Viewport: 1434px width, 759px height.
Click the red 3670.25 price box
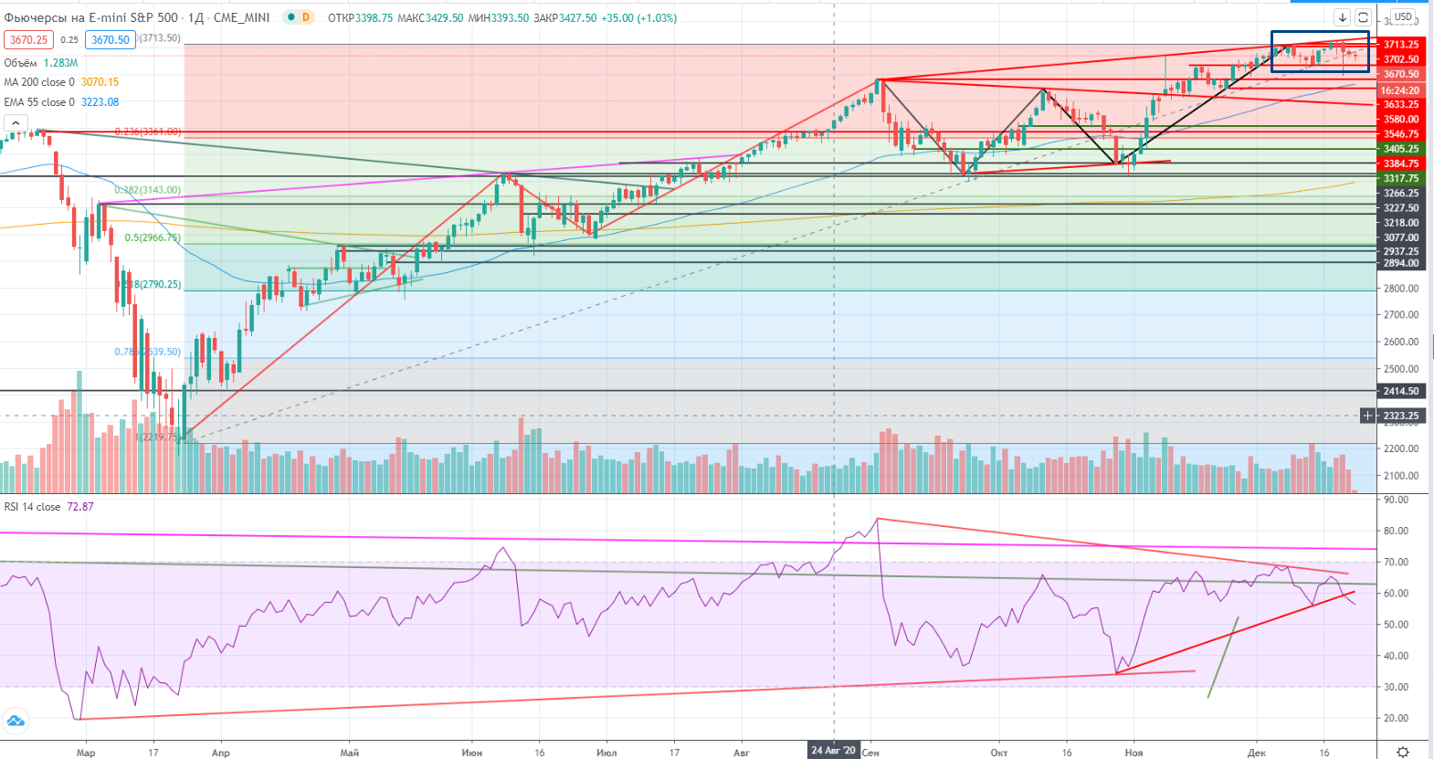(28, 40)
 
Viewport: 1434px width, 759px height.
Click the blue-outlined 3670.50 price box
(111, 40)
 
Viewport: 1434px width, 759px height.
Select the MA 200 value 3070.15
(100, 82)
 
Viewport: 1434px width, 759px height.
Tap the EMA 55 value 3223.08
(100, 102)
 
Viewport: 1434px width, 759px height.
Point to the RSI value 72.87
(80, 507)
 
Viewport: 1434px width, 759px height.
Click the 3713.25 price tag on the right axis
(1400, 44)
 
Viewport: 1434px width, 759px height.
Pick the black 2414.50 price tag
(1400, 391)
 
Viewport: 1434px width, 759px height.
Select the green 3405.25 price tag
(1400, 149)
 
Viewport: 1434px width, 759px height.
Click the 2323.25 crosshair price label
(1400, 416)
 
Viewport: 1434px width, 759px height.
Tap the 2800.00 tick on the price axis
(1400, 289)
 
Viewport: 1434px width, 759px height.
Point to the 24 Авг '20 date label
(833, 751)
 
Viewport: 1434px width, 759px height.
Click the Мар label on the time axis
(86, 754)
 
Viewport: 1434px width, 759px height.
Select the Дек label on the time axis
(1257, 754)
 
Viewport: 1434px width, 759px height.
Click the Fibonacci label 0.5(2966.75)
(153, 237)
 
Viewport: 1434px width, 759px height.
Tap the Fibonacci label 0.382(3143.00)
(148, 190)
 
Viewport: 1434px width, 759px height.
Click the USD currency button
(1403, 16)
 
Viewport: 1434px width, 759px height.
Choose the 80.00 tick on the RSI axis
(1395, 531)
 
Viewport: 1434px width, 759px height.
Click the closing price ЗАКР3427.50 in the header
(564, 18)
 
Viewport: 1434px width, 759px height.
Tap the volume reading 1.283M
(60, 63)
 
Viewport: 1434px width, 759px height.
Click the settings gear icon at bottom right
(1403, 752)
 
